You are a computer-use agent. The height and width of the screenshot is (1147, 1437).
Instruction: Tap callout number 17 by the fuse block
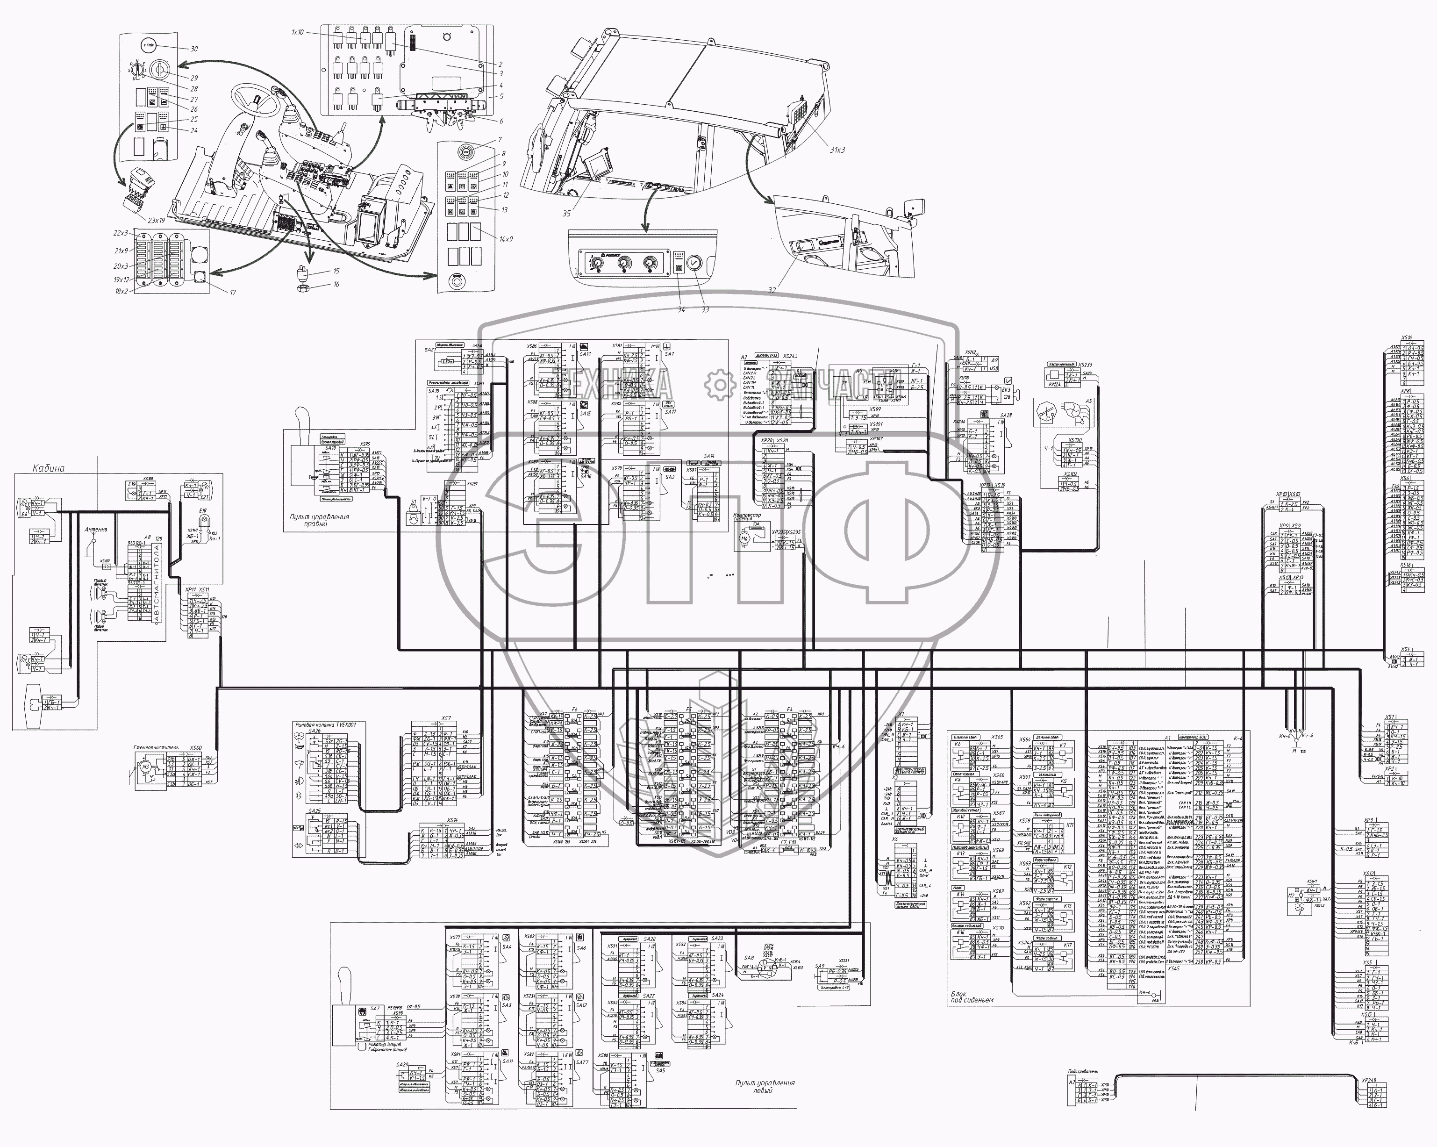point(233,293)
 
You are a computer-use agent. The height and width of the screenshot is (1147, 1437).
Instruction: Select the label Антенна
point(95,530)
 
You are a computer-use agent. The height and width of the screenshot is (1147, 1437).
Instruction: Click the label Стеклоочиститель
point(158,748)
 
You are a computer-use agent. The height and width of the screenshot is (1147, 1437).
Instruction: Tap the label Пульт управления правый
point(319,520)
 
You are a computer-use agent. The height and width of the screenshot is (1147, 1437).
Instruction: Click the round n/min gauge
point(148,45)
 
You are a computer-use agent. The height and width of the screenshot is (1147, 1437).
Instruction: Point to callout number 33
point(705,310)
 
